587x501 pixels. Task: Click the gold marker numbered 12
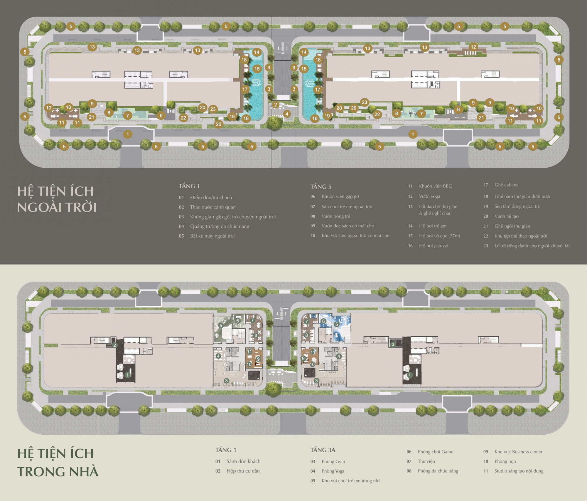(473, 47)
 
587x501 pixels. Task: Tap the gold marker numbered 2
(275, 105)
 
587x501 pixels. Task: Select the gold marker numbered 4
(287, 114)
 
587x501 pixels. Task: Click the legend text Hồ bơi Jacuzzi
(433, 246)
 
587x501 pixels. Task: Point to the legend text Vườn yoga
(429, 196)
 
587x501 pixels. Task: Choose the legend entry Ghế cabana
(506, 185)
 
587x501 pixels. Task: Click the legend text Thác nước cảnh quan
(213, 207)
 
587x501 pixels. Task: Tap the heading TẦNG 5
(321, 186)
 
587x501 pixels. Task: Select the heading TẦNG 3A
(323, 450)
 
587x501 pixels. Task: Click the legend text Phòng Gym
(333, 462)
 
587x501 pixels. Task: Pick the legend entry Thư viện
(426, 461)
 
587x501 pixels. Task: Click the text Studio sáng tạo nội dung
(519, 471)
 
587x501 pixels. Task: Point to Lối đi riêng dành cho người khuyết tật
(532, 246)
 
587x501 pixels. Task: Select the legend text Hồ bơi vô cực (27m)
(439, 236)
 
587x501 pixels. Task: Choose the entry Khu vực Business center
(518, 452)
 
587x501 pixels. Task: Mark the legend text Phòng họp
(505, 461)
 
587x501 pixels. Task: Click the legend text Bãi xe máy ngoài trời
(212, 236)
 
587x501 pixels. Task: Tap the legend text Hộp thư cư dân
(243, 471)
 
